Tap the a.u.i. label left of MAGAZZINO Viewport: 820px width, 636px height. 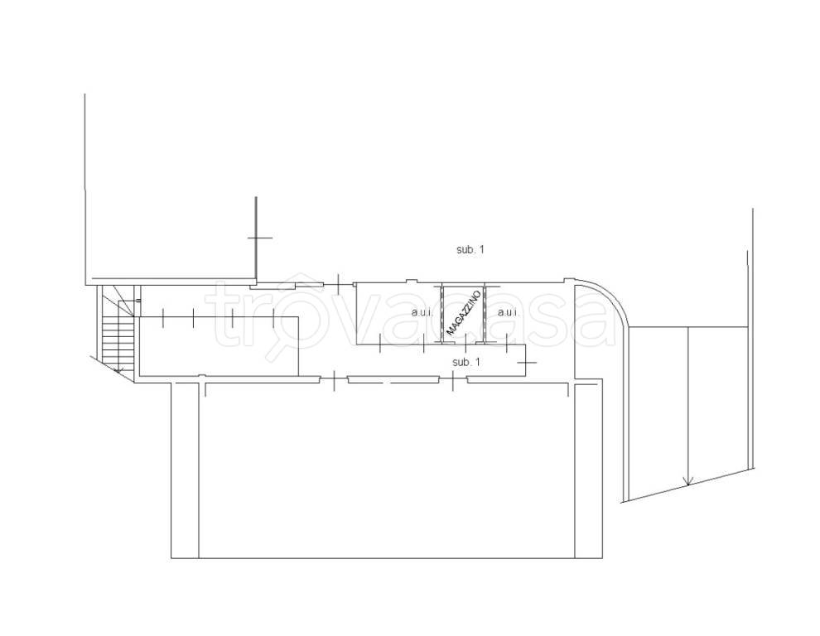(422, 313)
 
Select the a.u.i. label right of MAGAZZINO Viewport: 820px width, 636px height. (509, 313)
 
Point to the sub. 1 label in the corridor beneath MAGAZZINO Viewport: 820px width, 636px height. (466, 362)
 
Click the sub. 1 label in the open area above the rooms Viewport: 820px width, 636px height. (470, 249)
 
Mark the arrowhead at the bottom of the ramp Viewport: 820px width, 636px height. (687, 480)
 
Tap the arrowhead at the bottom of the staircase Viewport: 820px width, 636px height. (119, 370)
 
